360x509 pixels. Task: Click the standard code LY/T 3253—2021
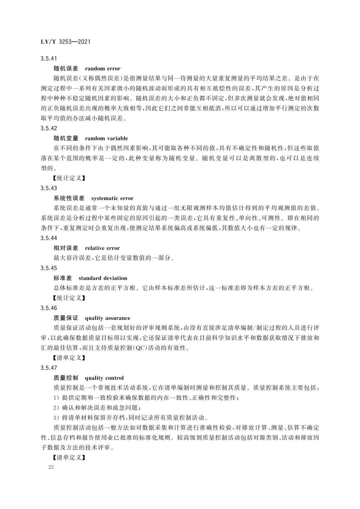click(65, 42)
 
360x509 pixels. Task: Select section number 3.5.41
click(49, 59)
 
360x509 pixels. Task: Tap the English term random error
click(103, 69)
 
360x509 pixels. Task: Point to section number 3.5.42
click(49, 128)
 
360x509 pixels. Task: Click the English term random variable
click(106, 138)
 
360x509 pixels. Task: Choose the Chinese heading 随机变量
click(66, 138)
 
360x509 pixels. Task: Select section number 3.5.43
click(49, 188)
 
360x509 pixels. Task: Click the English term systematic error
click(112, 198)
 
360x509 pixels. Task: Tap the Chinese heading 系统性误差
click(69, 198)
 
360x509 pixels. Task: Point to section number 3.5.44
click(49, 238)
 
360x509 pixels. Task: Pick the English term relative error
click(102, 248)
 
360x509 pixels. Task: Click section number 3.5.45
click(49, 268)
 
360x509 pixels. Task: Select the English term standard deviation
click(103, 278)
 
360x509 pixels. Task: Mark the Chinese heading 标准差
click(63, 278)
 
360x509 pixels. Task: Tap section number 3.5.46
click(49, 308)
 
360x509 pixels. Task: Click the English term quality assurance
click(108, 318)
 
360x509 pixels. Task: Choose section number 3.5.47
click(49, 368)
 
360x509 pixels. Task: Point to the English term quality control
click(104, 378)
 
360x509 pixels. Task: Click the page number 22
click(51, 467)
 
